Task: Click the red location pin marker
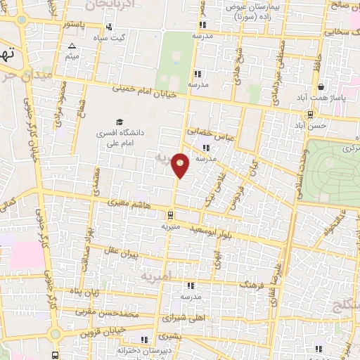tap(181, 165)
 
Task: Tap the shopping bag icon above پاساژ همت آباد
tap(321, 87)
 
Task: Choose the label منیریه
tap(170, 227)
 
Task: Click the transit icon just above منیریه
tap(170, 215)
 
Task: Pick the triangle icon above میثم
tap(72, 46)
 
